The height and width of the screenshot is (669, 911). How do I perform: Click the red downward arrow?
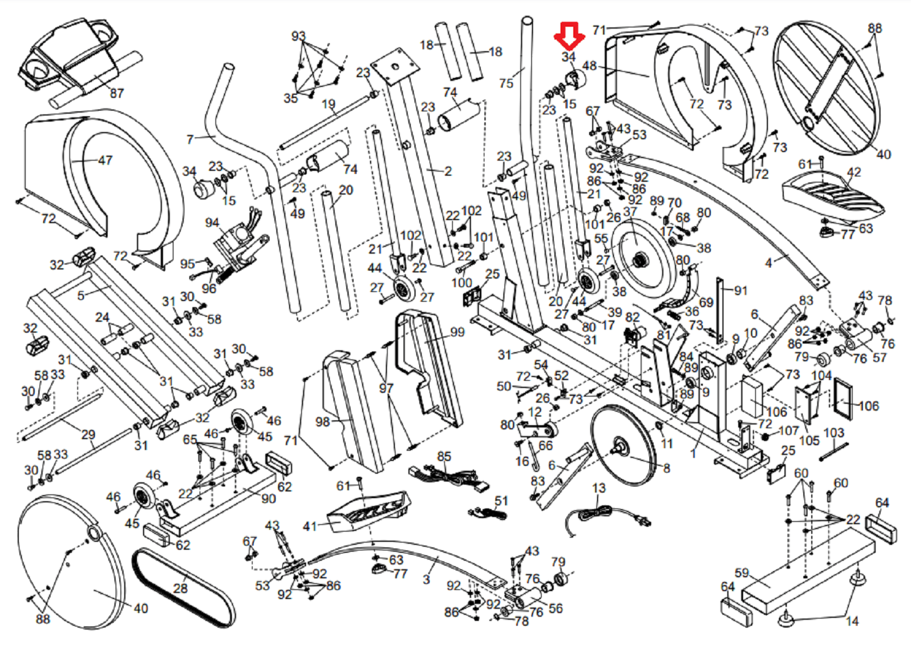570,36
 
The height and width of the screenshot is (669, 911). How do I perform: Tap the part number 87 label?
116,93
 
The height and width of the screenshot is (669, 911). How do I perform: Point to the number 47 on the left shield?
105,161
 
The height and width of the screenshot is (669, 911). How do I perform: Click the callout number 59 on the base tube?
741,573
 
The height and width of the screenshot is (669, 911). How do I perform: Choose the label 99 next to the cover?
457,332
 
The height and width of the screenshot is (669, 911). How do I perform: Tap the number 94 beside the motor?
212,223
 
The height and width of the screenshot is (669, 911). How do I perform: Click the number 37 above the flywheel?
630,212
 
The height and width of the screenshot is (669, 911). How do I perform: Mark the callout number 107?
789,430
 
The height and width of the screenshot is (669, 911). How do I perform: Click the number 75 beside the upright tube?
506,83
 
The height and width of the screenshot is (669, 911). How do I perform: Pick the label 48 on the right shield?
589,66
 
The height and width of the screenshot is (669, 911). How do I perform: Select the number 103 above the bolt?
834,432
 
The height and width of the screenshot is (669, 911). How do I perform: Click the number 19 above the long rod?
328,104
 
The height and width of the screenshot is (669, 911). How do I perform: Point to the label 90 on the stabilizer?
268,499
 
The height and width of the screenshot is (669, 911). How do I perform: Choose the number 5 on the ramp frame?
81,296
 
